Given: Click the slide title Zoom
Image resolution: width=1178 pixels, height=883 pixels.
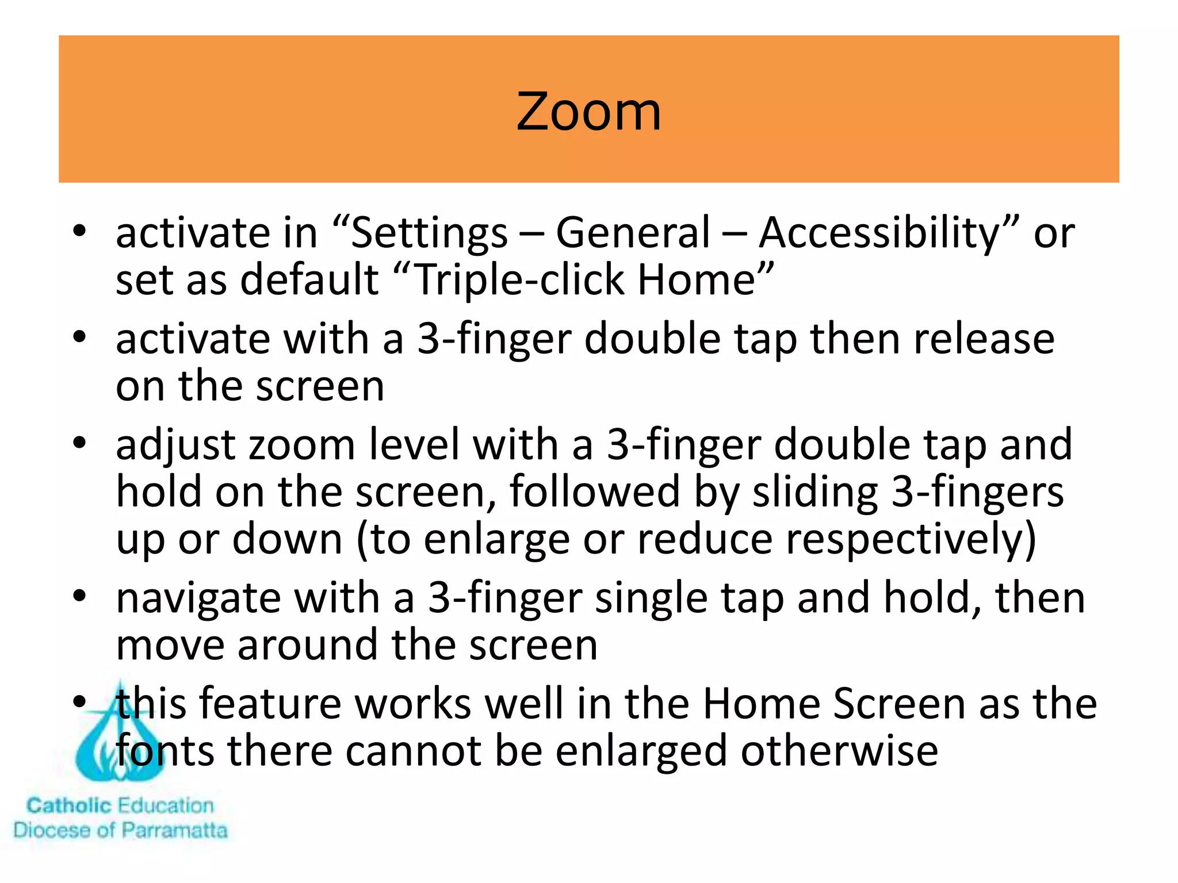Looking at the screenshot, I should [588, 112].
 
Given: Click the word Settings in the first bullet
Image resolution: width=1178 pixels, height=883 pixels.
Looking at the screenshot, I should [429, 233].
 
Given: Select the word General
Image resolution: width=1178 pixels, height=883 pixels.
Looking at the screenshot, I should [633, 232].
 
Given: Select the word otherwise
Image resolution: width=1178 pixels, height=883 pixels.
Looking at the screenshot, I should [839, 751].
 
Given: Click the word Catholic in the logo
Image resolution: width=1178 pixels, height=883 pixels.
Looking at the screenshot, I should [68, 805].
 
